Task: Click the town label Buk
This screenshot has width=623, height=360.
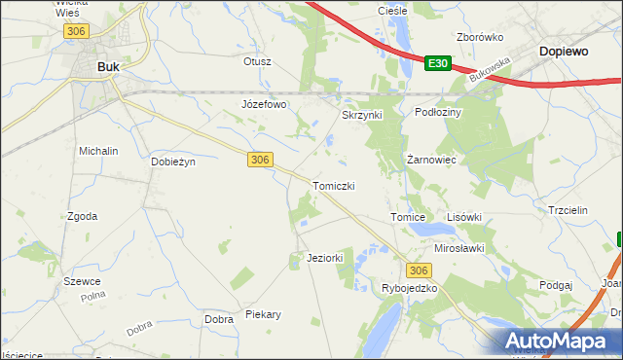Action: click(110, 66)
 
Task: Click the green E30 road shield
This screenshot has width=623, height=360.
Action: click(438, 63)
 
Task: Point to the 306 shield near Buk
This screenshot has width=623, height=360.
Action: click(76, 32)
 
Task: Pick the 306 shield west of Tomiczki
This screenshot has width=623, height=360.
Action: click(259, 160)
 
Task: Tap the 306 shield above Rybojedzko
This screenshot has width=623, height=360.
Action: click(419, 270)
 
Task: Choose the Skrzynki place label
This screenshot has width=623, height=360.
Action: click(362, 114)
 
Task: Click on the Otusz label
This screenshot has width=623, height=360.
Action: click(257, 60)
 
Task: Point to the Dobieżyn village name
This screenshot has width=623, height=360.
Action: click(173, 162)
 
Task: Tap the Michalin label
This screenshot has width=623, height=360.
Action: click(98, 152)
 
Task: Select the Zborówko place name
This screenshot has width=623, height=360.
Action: click(479, 37)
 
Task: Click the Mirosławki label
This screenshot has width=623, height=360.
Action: click(459, 248)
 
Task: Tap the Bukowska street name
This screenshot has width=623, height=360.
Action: click(489, 73)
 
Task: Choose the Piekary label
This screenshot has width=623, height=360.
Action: click(263, 314)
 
